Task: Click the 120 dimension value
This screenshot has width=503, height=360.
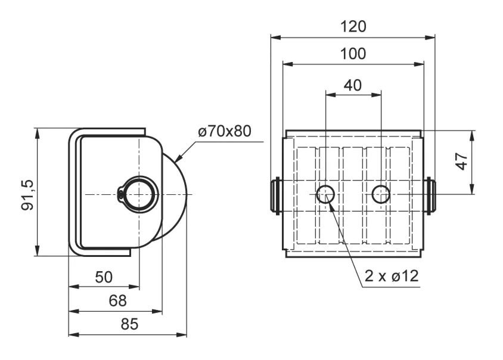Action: click(353, 27)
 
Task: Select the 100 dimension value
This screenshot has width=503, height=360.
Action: click(353, 54)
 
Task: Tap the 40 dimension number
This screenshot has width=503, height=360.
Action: click(353, 85)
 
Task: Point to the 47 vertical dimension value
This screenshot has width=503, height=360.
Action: click(462, 161)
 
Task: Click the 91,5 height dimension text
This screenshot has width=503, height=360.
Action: click(27, 195)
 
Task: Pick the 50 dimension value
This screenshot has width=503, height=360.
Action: click(104, 277)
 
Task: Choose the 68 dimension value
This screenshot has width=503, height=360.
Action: click(118, 301)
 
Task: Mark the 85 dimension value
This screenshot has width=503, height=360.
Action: click(129, 324)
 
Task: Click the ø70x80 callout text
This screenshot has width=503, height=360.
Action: click(225, 131)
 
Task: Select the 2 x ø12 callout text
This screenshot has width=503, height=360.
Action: click(392, 276)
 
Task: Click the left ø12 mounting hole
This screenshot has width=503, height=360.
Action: click(325, 194)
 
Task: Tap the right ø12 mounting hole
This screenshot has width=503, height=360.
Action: click(381, 194)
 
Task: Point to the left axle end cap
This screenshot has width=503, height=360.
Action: click(275, 195)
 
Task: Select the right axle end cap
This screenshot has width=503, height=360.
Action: click(430, 195)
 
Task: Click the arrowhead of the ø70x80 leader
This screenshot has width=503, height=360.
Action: click(178, 157)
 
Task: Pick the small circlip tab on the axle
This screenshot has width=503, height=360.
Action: click(120, 194)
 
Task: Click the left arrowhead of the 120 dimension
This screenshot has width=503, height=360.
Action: click(275, 38)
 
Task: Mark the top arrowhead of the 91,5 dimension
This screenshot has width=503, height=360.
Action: click(38, 134)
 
